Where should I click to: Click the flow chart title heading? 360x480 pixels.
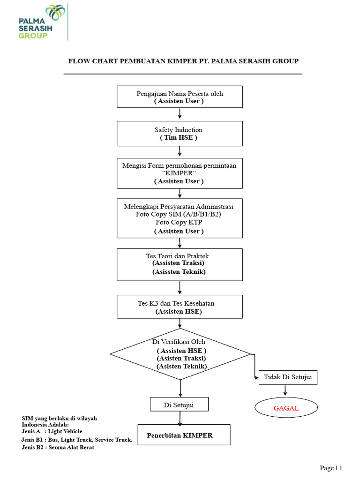[x=183, y=61]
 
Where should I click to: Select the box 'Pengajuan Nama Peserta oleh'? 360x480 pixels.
[x=180, y=97]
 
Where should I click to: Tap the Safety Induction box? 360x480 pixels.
[x=180, y=134]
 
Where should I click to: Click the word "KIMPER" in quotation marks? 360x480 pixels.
[x=179, y=173]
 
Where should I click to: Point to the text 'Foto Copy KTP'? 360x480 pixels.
[x=179, y=222]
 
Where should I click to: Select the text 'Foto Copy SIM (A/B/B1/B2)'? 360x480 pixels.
[x=179, y=214]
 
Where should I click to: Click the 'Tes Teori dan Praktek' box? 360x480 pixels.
[x=180, y=264]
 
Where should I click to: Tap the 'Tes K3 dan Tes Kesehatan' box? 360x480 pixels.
[x=180, y=307]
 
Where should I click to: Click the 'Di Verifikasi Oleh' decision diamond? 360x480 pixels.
[x=180, y=353]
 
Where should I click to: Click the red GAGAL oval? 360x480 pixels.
[x=286, y=408]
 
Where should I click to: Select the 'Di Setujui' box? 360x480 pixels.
[x=179, y=405]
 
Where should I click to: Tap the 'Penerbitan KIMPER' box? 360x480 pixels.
[x=184, y=435]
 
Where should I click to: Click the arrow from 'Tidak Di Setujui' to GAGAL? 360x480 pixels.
[x=285, y=391]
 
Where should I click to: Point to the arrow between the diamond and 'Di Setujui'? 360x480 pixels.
[x=180, y=388]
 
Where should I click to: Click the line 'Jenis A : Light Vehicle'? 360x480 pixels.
[x=52, y=431]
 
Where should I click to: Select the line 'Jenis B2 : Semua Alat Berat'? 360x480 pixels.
[x=58, y=447]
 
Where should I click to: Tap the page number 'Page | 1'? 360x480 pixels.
[x=331, y=468]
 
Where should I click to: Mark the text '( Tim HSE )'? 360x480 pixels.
[x=179, y=138]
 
